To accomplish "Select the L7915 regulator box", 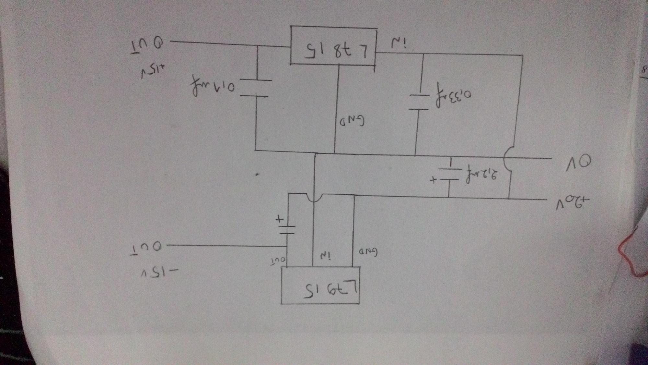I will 320,286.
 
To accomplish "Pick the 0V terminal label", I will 579,164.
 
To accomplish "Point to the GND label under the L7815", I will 352,121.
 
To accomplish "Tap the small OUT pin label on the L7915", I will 278,260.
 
